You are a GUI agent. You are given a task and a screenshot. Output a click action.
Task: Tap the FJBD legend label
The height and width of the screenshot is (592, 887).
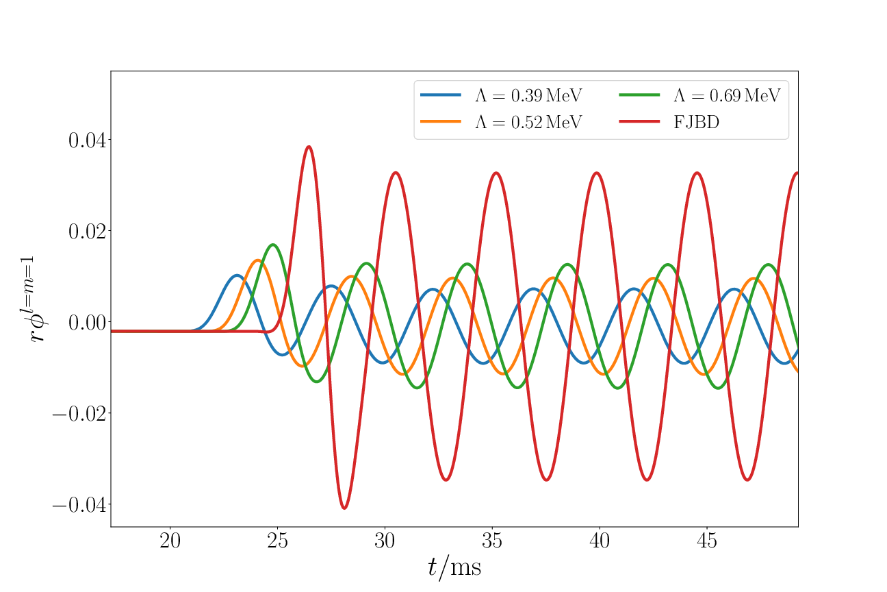[x=697, y=123]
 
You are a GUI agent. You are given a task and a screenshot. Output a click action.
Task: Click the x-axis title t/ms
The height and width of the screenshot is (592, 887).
[x=454, y=568]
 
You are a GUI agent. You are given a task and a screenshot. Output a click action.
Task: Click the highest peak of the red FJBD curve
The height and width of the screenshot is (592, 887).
[x=309, y=147]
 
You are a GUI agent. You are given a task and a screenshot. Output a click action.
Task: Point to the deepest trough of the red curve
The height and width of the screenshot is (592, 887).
[x=344, y=508]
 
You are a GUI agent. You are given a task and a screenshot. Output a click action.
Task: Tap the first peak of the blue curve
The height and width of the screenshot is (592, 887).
[x=237, y=275]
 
